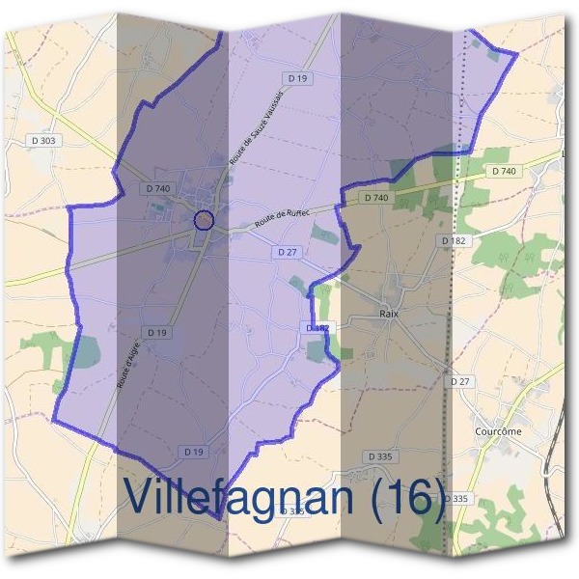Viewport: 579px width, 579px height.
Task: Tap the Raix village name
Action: point(391,314)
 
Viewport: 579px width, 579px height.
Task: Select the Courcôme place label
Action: point(499,431)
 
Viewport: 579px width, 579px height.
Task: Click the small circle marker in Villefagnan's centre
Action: point(203,220)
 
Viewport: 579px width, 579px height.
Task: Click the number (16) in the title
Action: point(407,496)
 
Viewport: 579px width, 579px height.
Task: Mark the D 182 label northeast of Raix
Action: point(454,239)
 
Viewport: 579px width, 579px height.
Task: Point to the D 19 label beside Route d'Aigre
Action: point(159,333)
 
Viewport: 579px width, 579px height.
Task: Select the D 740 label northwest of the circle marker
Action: point(156,187)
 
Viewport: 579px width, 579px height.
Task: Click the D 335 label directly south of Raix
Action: point(383,455)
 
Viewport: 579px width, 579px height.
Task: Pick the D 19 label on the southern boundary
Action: point(194,451)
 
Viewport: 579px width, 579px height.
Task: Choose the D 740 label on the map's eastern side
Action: point(504,171)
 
